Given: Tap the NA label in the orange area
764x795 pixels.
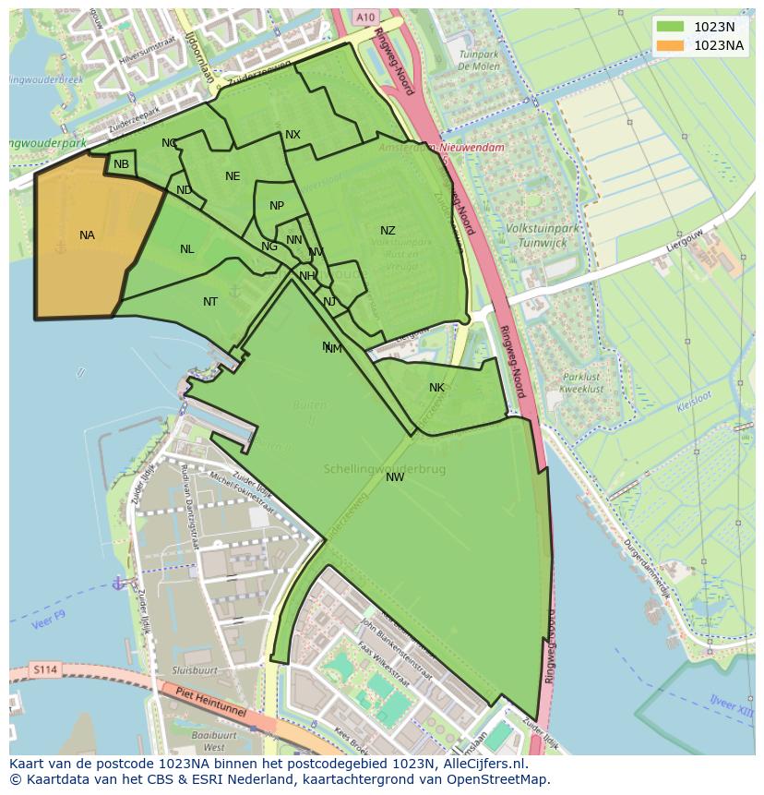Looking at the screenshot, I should [x=87, y=235].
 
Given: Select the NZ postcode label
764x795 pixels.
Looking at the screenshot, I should [x=388, y=231].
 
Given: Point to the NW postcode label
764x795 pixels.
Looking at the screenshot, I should [x=395, y=477].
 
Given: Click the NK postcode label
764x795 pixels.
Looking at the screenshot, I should [x=436, y=388].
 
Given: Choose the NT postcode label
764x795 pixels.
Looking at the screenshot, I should [x=210, y=302].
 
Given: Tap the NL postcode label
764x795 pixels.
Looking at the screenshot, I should [x=187, y=249].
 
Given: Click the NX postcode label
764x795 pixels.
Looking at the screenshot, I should [x=292, y=135].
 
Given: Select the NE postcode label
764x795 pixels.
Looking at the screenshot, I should [x=233, y=176].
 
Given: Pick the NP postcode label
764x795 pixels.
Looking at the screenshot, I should [x=277, y=206].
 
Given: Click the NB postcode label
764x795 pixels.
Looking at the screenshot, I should [x=121, y=165].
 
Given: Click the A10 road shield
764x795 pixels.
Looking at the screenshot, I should [x=365, y=17].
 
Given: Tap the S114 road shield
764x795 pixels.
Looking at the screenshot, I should [x=43, y=669].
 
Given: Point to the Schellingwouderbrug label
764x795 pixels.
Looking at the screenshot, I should [x=385, y=469].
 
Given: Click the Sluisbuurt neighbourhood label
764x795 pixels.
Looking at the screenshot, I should [x=194, y=670].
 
